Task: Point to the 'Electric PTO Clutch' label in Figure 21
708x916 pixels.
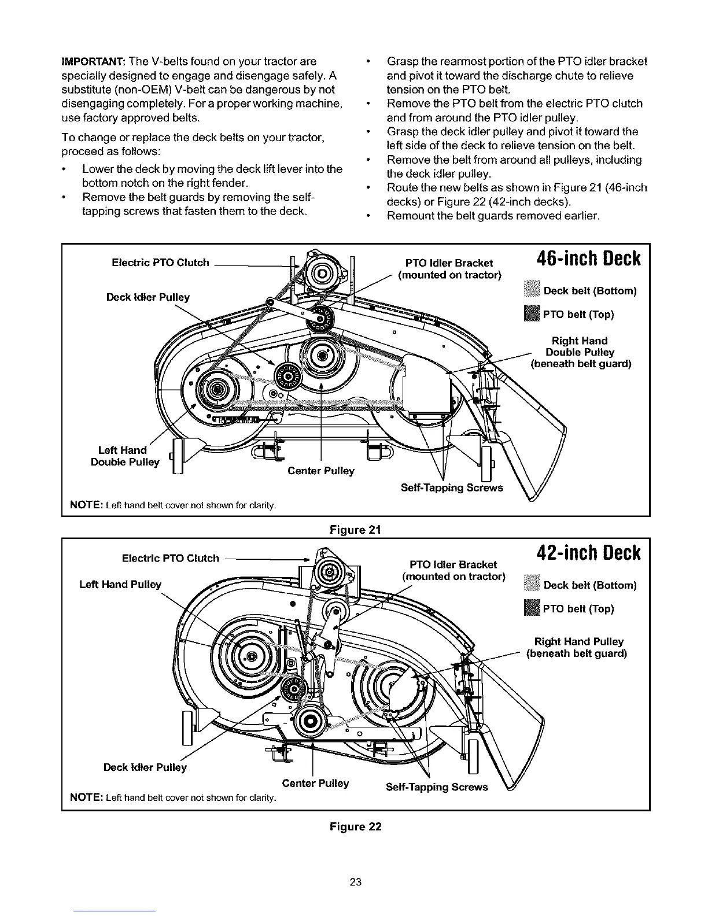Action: pyautogui.click(x=160, y=263)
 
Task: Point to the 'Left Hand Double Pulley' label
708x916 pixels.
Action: pyautogui.click(x=125, y=456)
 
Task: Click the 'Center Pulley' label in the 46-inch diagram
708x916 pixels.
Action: pyautogui.click(x=320, y=471)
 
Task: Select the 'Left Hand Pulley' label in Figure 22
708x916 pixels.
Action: pyautogui.click(x=120, y=585)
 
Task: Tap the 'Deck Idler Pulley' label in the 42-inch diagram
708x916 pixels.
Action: pyautogui.click(x=145, y=767)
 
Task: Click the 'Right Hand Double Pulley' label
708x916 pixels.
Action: pyautogui.click(x=580, y=352)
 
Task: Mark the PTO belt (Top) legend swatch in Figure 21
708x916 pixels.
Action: pyautogui.click(x=530, y=314)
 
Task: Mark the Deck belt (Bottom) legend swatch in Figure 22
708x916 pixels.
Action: pyautogui.click(x=530, y=585)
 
